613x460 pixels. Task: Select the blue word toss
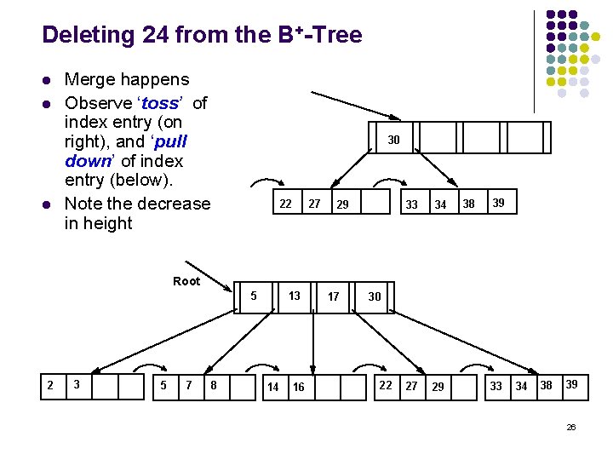pyautogui.click(x=160, y=103)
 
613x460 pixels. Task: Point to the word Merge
pyautogui.click(x=91, y=80)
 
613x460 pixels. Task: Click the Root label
pyautogui.click(x=186, y=281)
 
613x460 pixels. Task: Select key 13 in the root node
pyautogui.click(x=295, y=296)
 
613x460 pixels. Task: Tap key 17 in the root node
pyautogui.click(x=334, y=296)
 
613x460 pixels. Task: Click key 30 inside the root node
pyautogui.click(x=375, y=296)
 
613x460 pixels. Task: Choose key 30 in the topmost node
pyautogui.click(x=394, y=140)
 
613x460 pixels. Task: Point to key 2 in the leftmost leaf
pyautogui.click(x=50, y=385)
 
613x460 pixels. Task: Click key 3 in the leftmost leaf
pyautogui.click(x=77, y=385)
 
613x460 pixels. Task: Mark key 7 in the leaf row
pyautogui.click(x=188, y=386)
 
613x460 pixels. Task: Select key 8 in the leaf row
pyautogui.click(x=213, y=386)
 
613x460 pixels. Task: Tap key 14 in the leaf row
pyautogui.click(x=272, y=387)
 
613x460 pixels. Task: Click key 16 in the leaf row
pyautogui.click(x=299, y=387)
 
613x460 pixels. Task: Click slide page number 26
pyautogui.click(x=571, y=427)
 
